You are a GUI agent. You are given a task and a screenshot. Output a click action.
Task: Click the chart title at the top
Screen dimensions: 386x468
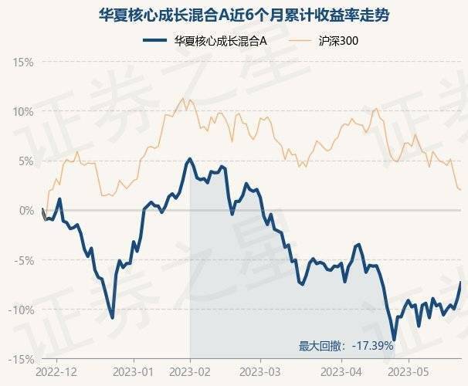(x=233, y=15)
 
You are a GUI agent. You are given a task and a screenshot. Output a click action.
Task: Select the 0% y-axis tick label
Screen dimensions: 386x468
(x=25, y=210)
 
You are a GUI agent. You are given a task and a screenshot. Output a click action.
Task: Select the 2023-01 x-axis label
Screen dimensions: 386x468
(x=134, y=371)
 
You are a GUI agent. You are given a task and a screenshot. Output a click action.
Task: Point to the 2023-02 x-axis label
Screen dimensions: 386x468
(x=190, y=371)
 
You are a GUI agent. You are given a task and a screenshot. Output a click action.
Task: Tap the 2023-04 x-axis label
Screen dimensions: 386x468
(x=343, y=371)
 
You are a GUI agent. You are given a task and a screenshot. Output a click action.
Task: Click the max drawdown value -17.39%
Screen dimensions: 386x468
(x=372, y=346)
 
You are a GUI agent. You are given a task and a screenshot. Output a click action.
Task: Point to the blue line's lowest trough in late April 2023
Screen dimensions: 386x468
(x=394, y=339)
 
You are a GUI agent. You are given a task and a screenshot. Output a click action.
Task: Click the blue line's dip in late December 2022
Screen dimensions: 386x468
(x=113, y=317)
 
